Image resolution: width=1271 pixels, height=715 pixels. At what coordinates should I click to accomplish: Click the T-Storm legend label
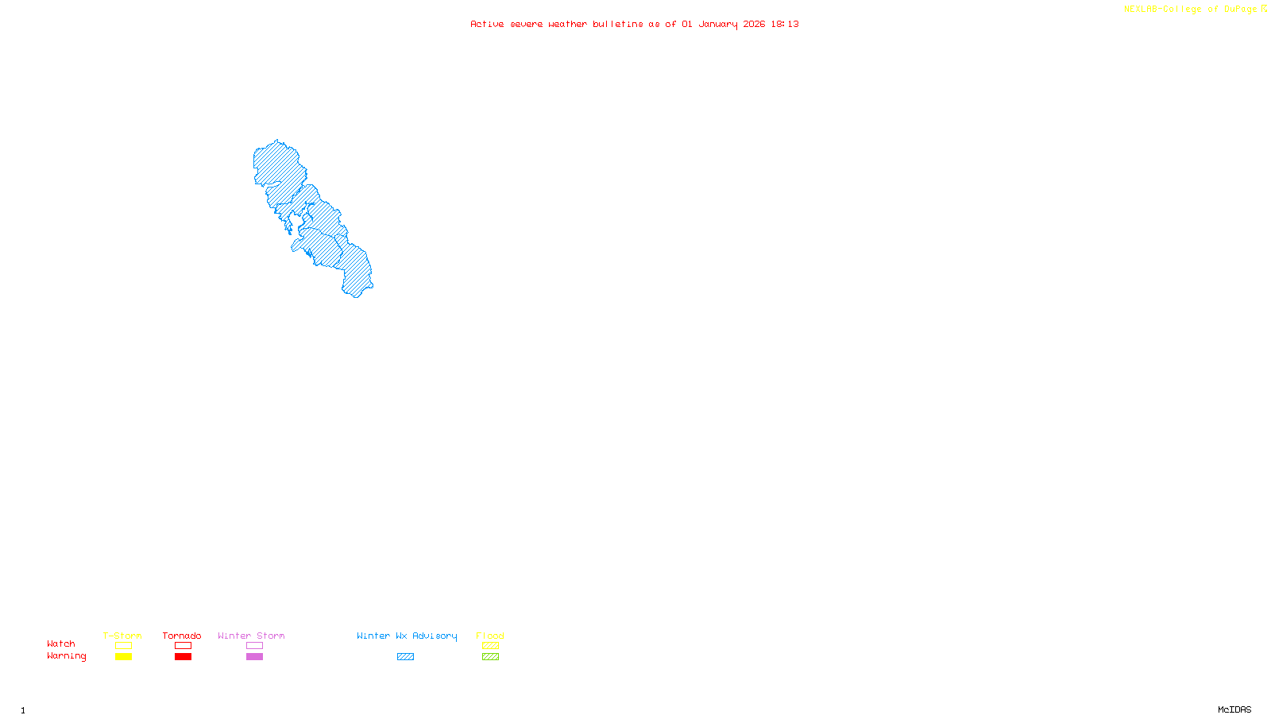tap(122, 636)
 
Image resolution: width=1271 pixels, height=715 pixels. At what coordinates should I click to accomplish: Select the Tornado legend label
tap(182, 636)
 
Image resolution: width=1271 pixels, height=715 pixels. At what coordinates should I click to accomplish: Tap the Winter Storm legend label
tap(251, 636)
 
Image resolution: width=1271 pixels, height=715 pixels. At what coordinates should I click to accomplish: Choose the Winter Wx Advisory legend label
tap(407, 636)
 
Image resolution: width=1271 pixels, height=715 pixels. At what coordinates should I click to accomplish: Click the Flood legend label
tap(490, 636)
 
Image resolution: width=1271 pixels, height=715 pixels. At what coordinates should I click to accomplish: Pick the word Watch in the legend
tap(61, 643)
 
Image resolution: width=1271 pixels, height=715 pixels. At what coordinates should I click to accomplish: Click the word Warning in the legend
tap(67, 656)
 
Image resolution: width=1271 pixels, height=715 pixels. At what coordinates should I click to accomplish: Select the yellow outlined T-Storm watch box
tap(123, 646)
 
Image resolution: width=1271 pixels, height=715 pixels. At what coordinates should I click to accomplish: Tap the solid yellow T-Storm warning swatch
tap(123, 657)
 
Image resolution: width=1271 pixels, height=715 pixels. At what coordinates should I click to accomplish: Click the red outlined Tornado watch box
tap(183, 646)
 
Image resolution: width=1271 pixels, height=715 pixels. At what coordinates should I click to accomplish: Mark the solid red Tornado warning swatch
tap(183, 657)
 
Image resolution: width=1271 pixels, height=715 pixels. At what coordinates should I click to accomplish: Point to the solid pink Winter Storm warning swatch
tap(254, 657)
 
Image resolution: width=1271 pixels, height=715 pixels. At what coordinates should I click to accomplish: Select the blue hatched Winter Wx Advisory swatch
tap(405, 657)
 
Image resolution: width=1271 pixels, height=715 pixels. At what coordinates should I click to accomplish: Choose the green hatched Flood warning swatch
tap(490, 657)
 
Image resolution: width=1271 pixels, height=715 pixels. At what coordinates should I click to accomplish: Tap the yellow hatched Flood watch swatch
tap(490, 646)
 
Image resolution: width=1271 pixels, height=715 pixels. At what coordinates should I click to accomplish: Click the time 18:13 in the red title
tap(785, 24)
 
